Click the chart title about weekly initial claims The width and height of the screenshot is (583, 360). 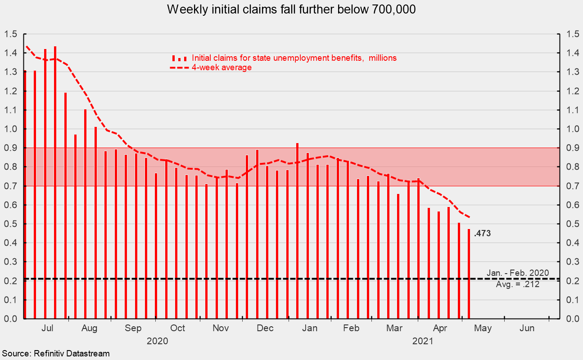point(291,10)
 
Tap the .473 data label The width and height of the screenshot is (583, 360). point(482,233)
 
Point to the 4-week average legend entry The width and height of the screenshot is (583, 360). point(221,67)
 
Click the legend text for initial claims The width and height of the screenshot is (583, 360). point(294,58)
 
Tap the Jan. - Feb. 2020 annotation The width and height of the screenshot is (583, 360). point(518,273)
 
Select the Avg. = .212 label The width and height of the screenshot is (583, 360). point(518,284)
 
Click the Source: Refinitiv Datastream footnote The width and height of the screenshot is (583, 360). point(55,354)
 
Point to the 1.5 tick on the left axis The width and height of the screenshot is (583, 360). point(11,34)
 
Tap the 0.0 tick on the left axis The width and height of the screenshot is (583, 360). point(11,319)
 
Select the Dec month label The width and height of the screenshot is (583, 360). point(265,328)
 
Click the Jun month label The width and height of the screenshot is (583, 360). point(527,328)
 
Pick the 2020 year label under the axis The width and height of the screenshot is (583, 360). point(157,341)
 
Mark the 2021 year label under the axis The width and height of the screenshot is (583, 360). point(423,341)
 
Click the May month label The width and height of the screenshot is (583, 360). point(483,328)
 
